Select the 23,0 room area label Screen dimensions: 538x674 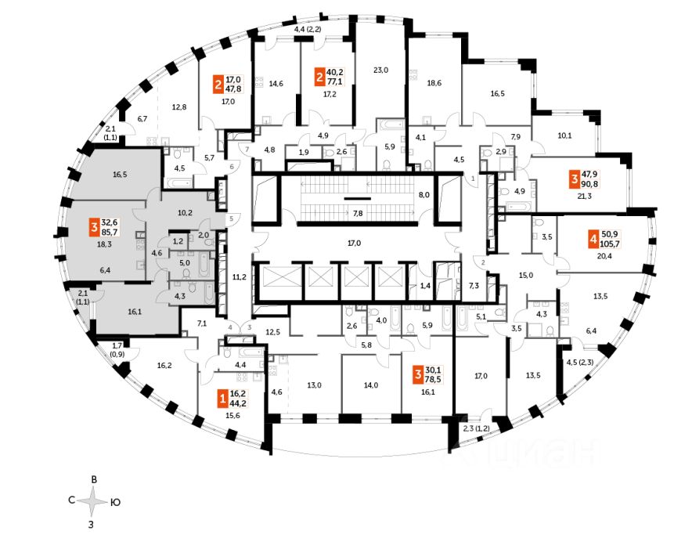(x=380, y=70)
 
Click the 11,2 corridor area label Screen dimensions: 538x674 (x=239, y=276)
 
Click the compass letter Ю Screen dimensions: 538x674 (x=115, y=500)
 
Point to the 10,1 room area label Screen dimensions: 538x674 (x=564, y=134)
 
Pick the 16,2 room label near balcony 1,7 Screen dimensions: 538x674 (x=164, y=365)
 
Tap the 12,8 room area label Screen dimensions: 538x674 (x=180, y=107)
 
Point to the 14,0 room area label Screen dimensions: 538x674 (x=370, y=385)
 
